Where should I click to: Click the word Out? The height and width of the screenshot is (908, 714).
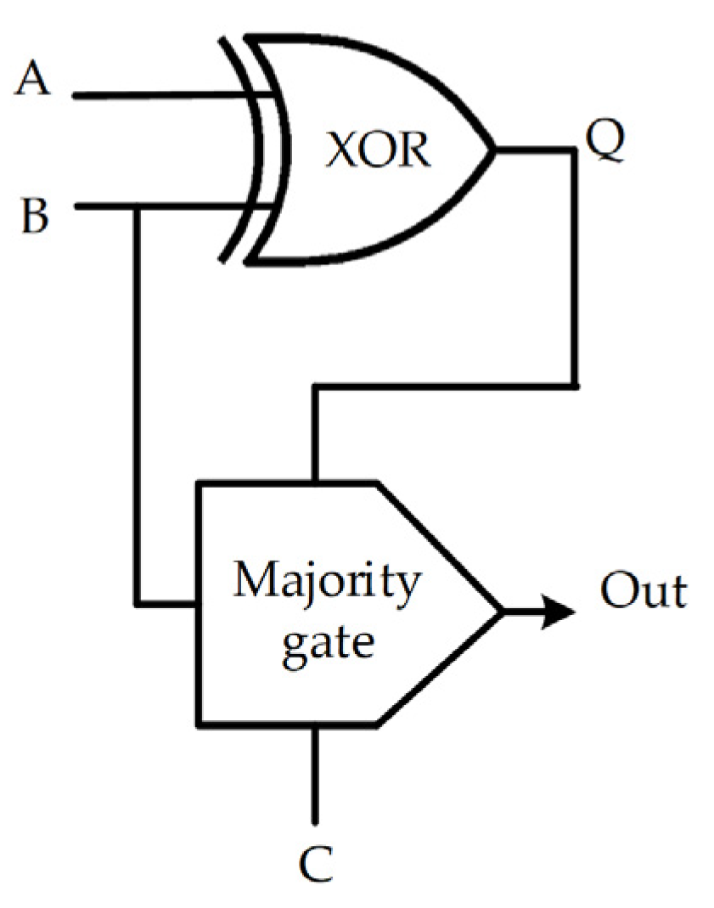point(643,591)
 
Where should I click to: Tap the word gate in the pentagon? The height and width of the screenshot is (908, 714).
point(327,642)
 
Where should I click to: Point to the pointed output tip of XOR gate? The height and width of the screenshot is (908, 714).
point(492,150)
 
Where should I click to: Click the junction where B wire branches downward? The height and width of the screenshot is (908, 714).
point(136,207)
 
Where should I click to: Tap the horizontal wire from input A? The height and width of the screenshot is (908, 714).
point(170,95)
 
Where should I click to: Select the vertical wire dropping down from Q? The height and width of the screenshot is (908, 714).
point(576,272)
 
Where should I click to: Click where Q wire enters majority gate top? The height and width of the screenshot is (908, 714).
point(316,483)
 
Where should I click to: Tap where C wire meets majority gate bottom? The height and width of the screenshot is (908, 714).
point(316,726)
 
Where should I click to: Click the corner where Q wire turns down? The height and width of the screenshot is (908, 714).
point(576,150)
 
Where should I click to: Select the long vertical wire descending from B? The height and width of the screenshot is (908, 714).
point(136,408)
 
